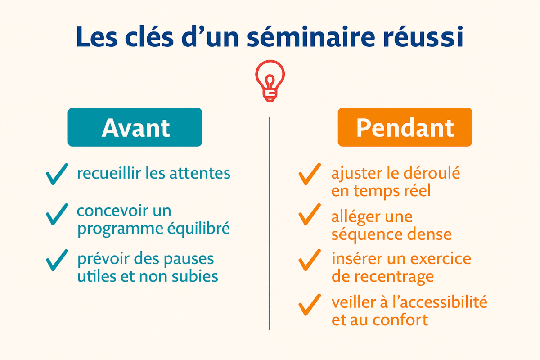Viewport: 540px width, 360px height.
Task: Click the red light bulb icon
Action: [270, 81]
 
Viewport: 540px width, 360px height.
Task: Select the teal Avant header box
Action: [135, 127]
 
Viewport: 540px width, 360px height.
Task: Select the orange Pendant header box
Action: [405, 127]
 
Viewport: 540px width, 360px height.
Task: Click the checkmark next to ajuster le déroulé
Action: [310, 175]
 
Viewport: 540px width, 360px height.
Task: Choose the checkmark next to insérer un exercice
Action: [310, 260]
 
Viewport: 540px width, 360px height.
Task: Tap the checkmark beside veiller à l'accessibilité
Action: [310, 305]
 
